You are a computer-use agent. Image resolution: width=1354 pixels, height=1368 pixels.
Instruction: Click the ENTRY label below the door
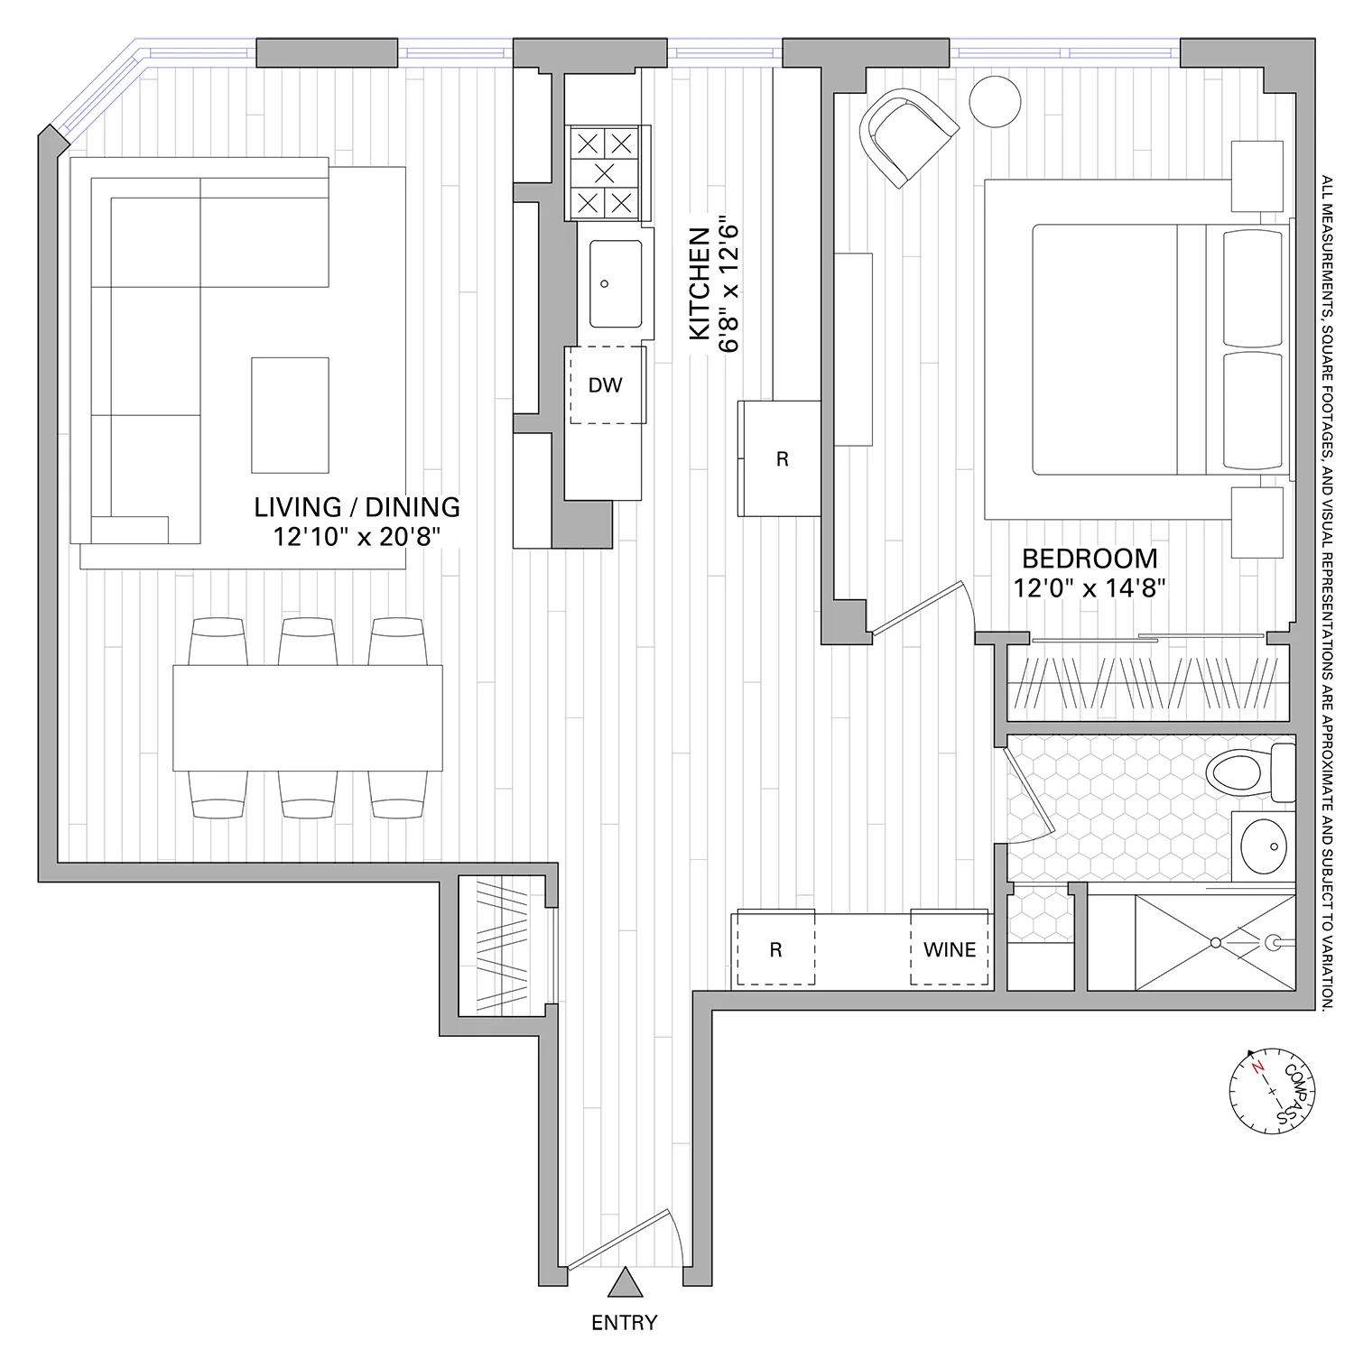(x=624, y=1323)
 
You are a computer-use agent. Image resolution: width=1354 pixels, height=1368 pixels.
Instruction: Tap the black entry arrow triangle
(x=624, y=1282)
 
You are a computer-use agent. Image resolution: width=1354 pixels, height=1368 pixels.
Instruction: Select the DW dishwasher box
(x=606, y=385)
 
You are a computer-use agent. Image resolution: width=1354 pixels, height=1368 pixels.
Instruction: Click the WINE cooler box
(x=950, y=949)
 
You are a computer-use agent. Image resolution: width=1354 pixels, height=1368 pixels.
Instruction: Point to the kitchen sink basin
(x=616, y=283)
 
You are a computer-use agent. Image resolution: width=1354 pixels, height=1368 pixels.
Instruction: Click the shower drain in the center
(x=1215, y=942)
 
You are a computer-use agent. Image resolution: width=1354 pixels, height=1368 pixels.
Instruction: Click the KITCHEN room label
(x=698, y=285)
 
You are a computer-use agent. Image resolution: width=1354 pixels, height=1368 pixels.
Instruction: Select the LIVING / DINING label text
(x=357, y=507)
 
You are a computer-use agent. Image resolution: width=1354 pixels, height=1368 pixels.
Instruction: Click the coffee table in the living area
(x=290, y=415)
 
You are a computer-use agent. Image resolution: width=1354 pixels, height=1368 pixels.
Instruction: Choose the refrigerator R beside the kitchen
(x=781, y=458)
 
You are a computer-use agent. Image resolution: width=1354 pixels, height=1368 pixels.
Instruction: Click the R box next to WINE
(x=775, y=949)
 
